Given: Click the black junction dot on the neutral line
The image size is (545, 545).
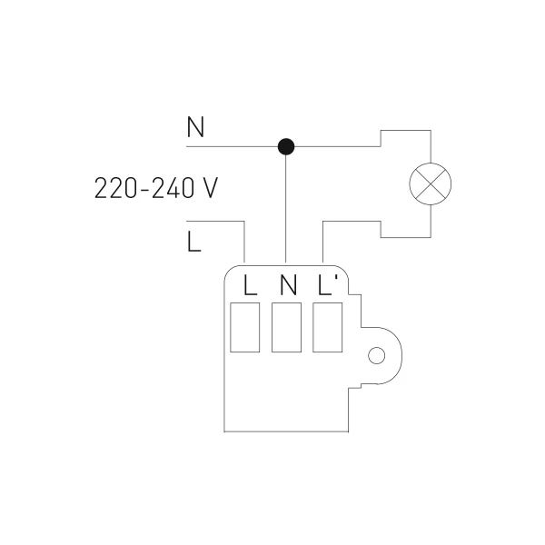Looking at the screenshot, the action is coord(286,146).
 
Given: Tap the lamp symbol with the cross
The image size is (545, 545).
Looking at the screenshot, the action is coord(431,183).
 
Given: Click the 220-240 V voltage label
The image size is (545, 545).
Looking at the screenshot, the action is coord(156,188).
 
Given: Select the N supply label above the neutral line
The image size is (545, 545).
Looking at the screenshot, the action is coord(195,127).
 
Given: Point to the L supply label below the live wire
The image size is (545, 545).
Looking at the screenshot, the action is coord(194,242).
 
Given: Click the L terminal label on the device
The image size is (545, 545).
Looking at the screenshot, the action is coord(251,285).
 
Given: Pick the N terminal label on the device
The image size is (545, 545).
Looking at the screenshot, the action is coord(288,285).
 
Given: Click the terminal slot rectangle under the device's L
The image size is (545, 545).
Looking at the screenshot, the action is coord(244,327).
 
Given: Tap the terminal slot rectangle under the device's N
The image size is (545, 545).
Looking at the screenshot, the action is coord(286,327).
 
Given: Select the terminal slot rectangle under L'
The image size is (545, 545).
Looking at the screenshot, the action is coord(327,327).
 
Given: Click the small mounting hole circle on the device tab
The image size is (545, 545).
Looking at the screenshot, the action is coord(376,355).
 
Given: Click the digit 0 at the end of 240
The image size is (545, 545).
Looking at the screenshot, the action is coord(188,188).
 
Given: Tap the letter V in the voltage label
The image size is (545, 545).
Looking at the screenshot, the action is coord(210,188).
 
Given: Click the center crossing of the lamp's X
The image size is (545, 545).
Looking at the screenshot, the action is coord(431,183).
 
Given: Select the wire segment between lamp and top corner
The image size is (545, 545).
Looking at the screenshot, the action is coord(431,146).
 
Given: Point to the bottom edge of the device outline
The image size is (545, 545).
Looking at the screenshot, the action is coord(286,431).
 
